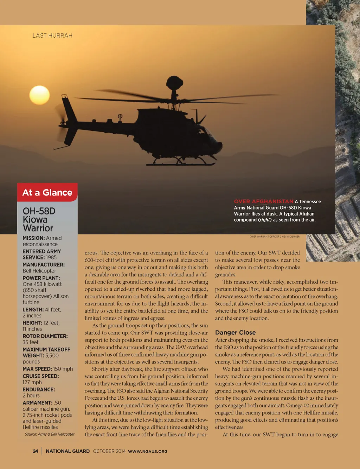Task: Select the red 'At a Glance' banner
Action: pyautogui.click(x=47, y=192)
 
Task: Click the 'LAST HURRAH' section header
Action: pyautogui.click(x=52, y=36)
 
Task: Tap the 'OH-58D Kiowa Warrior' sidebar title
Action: pyautogui.click(x=39, y=219)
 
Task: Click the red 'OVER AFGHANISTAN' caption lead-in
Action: pyautogui.click(x=263, y=201)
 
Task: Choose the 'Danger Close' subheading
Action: pyautogui.click(x=235, y=333)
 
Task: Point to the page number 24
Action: pyautogui.click(x=36, y=451)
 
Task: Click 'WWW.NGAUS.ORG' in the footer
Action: pyautogui.click(x=148, y=451)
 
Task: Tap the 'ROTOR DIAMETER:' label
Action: pyautogui.click(x=45, y=336)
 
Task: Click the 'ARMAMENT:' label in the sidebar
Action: pyautogui.click(x=37, y=403)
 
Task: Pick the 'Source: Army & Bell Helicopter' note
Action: pyautogui.click(x=50, y=434)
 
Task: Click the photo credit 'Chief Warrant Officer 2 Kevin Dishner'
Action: pyautogui.click(x=275, y=237)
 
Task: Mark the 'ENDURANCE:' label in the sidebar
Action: pyautogui.click(x=39, y=390)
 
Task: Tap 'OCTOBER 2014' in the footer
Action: pyautogui.click(x=109, y=451)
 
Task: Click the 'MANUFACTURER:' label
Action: pyautogui.click(x=44, y=265)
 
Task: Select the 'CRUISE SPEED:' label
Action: pyautogui.click(x=41, y=376)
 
